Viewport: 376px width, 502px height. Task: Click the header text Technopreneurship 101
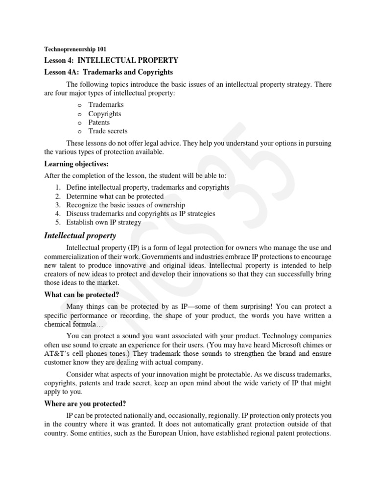[x=75, y=50]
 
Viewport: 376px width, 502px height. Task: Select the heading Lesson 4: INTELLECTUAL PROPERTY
[x=111, y=60]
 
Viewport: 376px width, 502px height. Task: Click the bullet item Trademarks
[x=106, y=105]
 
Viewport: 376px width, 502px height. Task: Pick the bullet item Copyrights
[x=105, y=114]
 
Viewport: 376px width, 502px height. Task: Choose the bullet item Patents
[x=99, y=123]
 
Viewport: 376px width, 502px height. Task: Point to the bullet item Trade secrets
[x=108, y=131]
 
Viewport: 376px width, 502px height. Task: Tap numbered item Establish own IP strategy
[x=104, y=223]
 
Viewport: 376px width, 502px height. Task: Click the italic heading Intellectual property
[x=80, y=236]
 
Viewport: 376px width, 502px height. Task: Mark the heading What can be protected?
[x=82, y=295]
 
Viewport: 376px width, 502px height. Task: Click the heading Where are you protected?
[x=85, y=403]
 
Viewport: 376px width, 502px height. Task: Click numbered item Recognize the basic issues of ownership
[x=126, y=205]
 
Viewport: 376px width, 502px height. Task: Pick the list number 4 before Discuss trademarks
[x=57, y=214]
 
